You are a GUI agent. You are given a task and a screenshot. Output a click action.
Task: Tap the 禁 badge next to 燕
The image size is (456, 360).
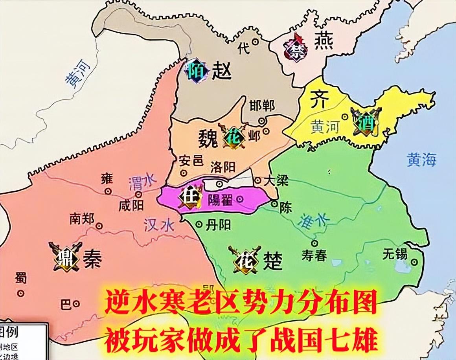pyautogui.click(x=295, y=47)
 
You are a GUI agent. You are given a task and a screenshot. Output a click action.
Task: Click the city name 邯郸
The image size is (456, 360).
pyautogui.click(x=262, y=106)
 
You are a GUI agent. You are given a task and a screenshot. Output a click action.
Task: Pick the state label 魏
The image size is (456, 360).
pyautogui.click(x=208, y=138)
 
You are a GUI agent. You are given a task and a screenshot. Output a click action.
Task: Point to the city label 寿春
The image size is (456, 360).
pyautogui.click(x=314, y=256)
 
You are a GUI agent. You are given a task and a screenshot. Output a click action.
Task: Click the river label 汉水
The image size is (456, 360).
pyautogui.click(x=158, y=225)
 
